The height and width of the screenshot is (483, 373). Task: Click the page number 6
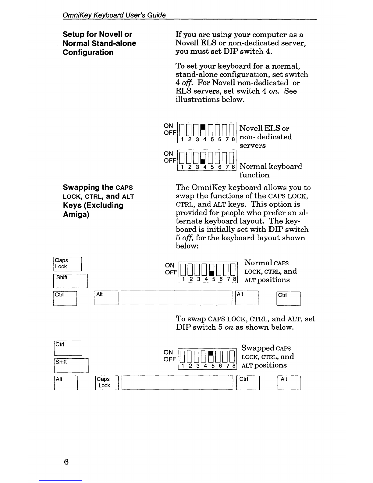pyautogui.click(x=66, y=462)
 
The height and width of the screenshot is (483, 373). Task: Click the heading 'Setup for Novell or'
pyautogui.click(x=97, y=34)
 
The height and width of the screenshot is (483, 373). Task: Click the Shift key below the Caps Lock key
pyautogui.click(x=70, y=281)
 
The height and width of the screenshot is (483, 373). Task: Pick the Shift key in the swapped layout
pyautogui.click(x=71, y=365)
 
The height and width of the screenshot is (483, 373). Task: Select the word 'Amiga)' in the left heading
pyautogui.click(x=76, y=214)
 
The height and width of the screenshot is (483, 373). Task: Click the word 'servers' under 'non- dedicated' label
pyautogui.click(x=252, y=146)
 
